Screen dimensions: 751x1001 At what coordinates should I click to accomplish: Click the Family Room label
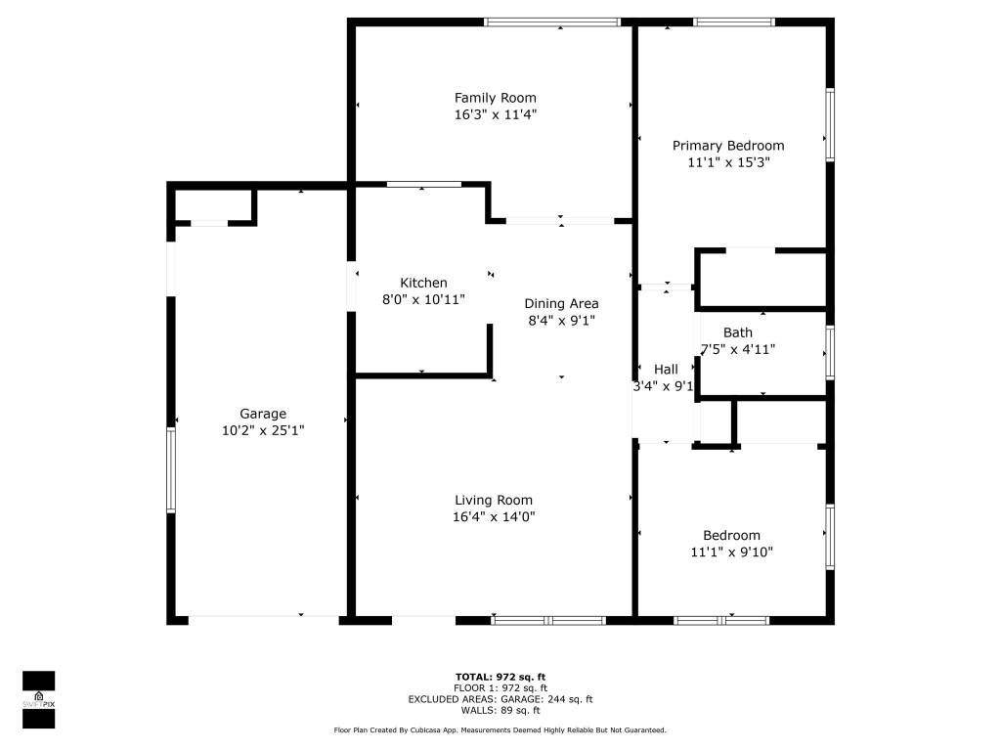pyautogui.click(x=495, y=98)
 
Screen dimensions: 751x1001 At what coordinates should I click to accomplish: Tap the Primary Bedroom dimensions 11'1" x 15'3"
pyautogui.click(x=728, y=163)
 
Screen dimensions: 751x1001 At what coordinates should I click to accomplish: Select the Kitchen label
pyautogui.click(x=423, y=283)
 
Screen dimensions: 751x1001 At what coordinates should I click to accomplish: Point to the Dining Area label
pyautogui.click(x=561, y=303)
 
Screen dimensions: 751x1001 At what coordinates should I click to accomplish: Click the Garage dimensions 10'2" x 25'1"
pyautogui.click(x=263, y=430)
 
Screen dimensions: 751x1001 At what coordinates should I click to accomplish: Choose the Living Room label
pyautogui.click(x=494, y=500)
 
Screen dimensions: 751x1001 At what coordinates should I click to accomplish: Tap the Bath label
pyautogui.click(x=738, y=332)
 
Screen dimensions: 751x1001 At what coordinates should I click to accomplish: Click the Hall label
pyautogui.click(x=666, y=369)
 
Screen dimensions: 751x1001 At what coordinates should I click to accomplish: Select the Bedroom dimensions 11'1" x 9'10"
pyautogui.click(x=732, y=552)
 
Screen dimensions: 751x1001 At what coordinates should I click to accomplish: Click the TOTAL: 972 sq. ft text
pyautogui.click(x=500, y=677)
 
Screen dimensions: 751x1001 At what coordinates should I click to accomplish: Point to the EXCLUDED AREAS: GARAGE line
pyautogui.click(x=500, y=699)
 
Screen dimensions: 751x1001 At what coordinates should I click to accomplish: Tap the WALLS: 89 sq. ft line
pyautogui.click(x=500, y=710)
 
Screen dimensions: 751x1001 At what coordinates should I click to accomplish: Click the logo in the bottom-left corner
pyautogui.click(x=38, y=699)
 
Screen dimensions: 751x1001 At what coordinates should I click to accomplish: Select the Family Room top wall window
pyautogui.click(x=552, y=22)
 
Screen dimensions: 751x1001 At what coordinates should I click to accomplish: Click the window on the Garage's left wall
pyautogui.click(x=171, y=469)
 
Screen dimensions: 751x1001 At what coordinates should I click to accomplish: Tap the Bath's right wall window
pyautogui.click(x=829, y=352)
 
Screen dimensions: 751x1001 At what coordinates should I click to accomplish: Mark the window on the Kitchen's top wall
pyautogui.click(x=423, y=184)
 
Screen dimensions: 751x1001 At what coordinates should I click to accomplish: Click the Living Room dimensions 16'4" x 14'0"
pyautogui.click(x=494, y=516)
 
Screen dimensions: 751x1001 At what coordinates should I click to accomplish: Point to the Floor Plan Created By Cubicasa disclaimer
pyautogui.click(x=500, y=730)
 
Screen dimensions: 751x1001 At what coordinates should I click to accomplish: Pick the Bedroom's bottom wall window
pyautogui.click(x=721, y=619)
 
